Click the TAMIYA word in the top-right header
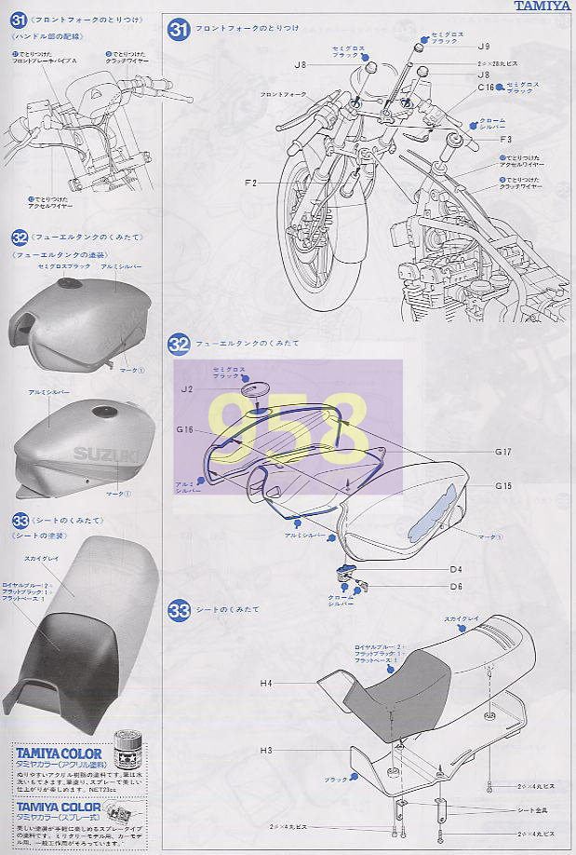[x=543, y=6]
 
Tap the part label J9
[x=482, y=46]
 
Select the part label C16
[x=485, y=87]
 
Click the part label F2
[x=250, y=183]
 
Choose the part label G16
[x=184, y=430]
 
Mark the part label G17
[x=503, y=452]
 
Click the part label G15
[x=503, y=485]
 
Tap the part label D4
[x=456, y=568]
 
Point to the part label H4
[x=265, y=684]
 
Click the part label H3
[x=265, y=750]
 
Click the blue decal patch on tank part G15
[x=435, y=514]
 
